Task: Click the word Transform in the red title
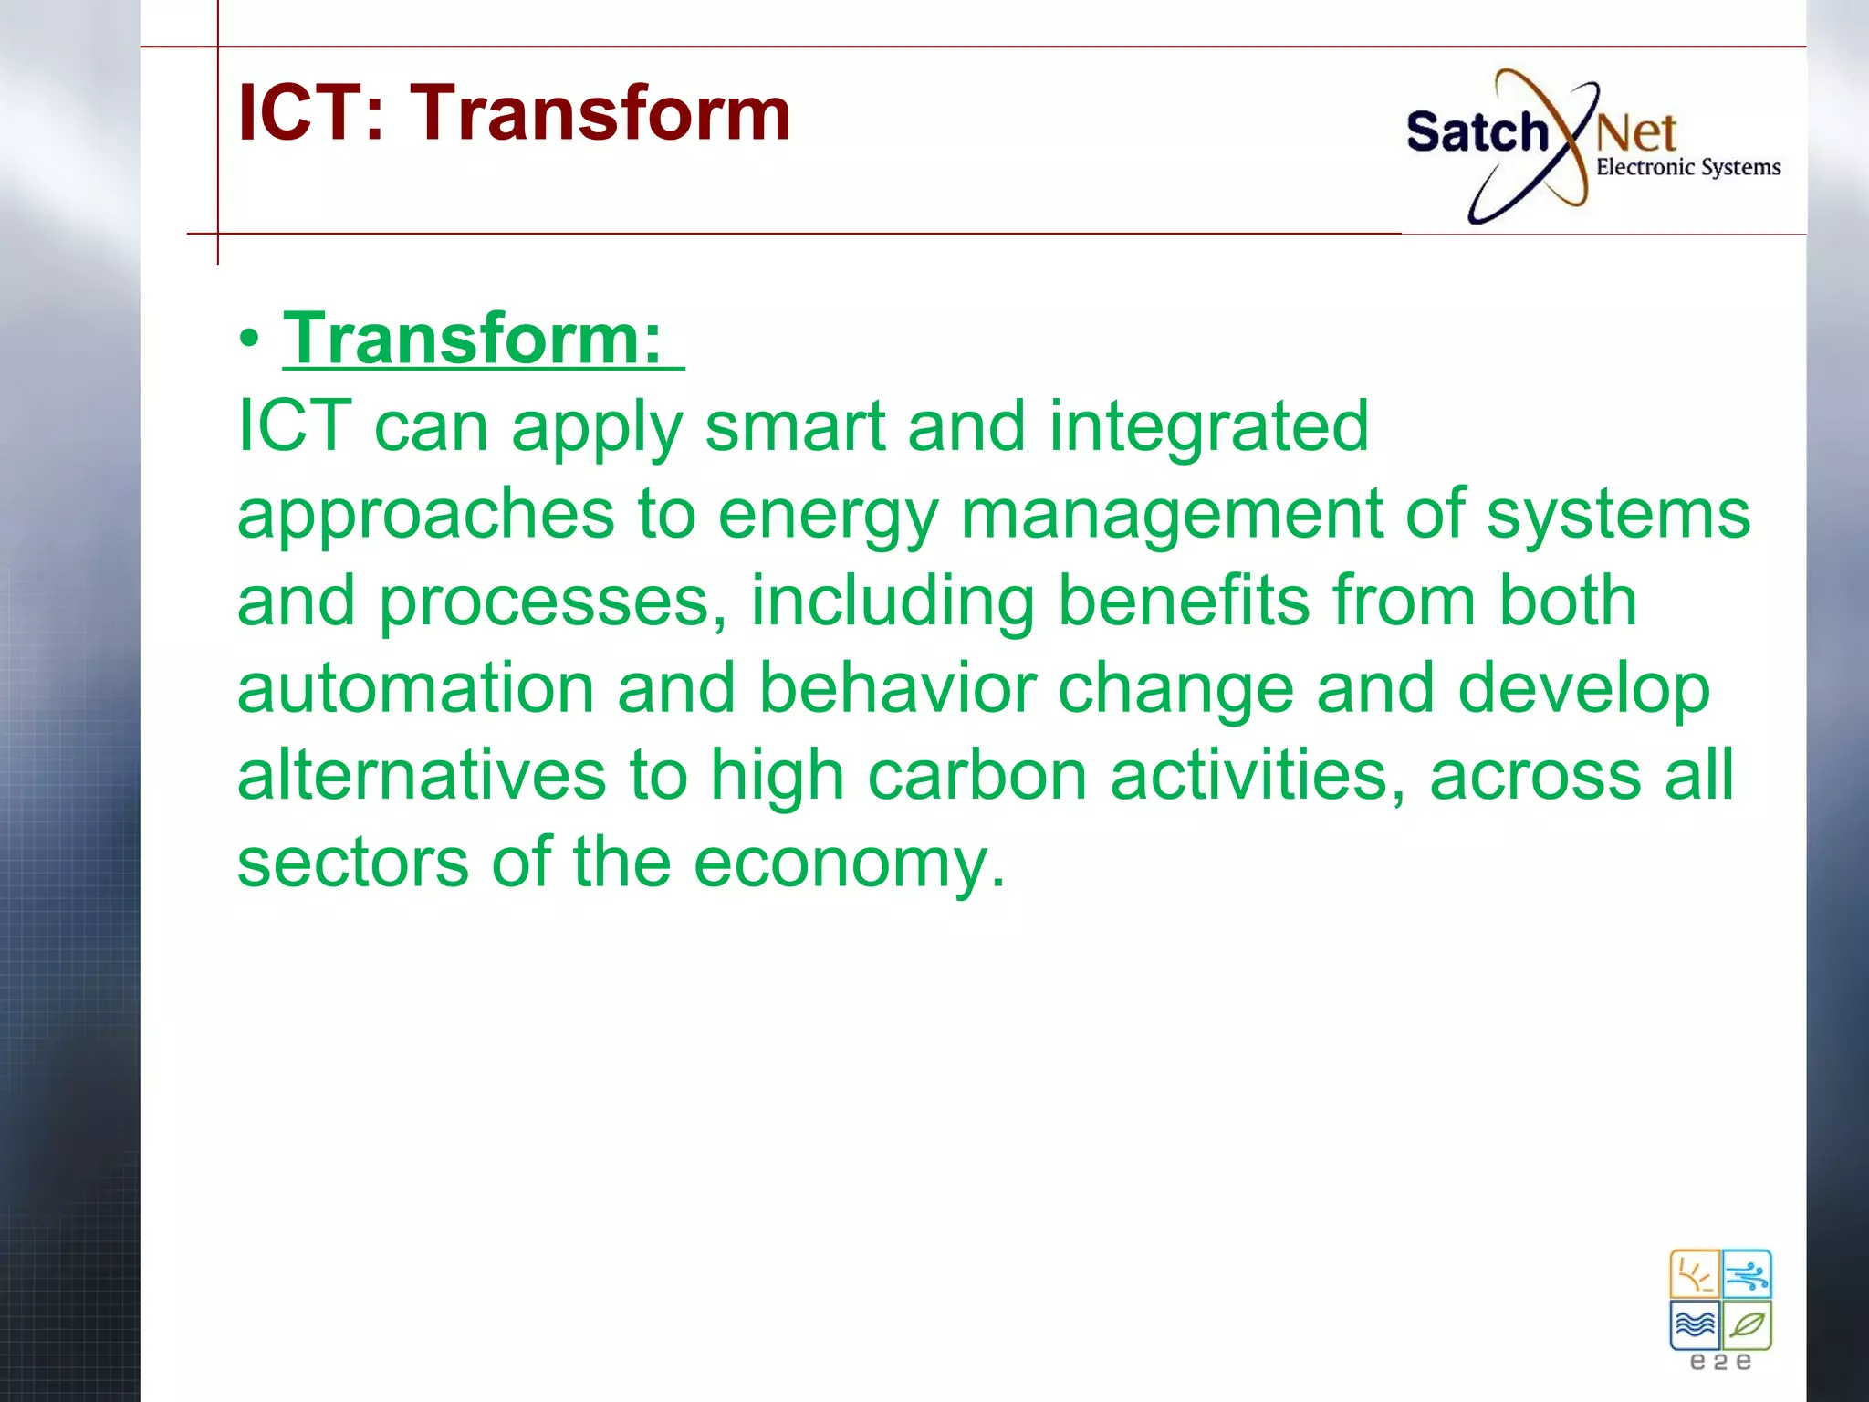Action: tap(600, 113)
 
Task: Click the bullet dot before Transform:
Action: tap(249, 340)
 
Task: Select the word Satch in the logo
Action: tap(1476, 132)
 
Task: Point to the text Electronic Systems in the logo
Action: tap(1687, 167)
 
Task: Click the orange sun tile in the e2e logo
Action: tap(1695, 1274)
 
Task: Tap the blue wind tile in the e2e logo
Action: tap(1747, 1274)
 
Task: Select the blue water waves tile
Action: tap(1695, 1324)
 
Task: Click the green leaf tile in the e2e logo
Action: tap(1747, 1324)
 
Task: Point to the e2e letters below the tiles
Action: tap(1720, 1362)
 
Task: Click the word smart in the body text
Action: tap(794, 426)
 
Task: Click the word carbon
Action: tap(976, 775)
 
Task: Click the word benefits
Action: tap(1184, 601)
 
